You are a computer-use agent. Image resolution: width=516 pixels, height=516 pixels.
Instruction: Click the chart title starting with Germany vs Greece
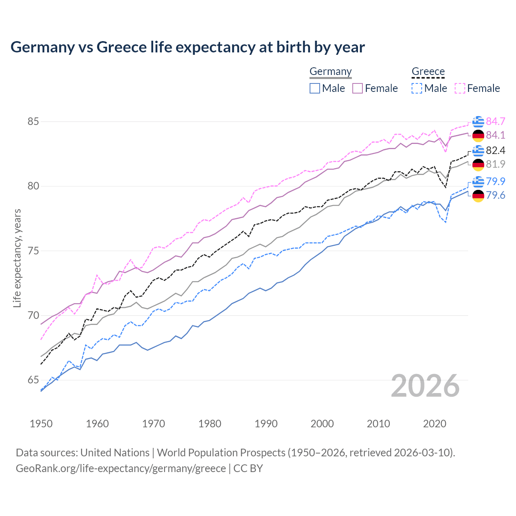(187, 47)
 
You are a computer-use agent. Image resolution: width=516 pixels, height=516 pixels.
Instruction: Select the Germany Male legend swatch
(315, 88)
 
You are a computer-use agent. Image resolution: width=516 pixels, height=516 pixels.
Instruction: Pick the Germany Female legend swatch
(358, 88)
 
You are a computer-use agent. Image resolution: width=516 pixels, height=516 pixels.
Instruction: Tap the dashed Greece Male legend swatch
(417, 88)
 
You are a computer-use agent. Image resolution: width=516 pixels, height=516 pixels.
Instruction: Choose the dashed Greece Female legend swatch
(460, 88)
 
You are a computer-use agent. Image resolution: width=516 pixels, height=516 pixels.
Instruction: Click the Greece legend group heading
(428, 71)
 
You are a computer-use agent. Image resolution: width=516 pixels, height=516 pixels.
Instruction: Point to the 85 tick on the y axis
(33, 121)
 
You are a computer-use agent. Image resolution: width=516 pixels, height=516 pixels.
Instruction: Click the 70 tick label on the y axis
(33, 315)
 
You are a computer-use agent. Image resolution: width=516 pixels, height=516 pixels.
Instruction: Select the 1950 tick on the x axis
(41, 424)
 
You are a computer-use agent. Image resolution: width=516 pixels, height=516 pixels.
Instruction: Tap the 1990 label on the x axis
(266, 424)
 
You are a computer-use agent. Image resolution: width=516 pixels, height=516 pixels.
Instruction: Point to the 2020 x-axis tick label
(435, 424)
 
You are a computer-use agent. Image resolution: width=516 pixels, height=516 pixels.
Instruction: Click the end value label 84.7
(495, 121)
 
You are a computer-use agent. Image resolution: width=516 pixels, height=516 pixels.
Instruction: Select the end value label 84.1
(495, 135)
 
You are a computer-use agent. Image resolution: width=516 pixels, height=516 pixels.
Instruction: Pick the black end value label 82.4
(495, 150)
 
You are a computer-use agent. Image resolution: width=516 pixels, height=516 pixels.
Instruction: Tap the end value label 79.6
(495, 196)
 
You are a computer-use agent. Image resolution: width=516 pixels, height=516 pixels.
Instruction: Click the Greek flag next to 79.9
(478, 182)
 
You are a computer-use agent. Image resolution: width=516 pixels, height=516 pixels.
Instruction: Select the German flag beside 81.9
(478, 164)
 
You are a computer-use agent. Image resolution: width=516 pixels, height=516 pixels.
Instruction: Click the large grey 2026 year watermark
(425, 386)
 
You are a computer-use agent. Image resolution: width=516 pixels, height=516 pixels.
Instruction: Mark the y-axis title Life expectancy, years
(17, 258)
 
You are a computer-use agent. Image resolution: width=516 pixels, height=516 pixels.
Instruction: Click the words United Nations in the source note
(115, 453)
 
